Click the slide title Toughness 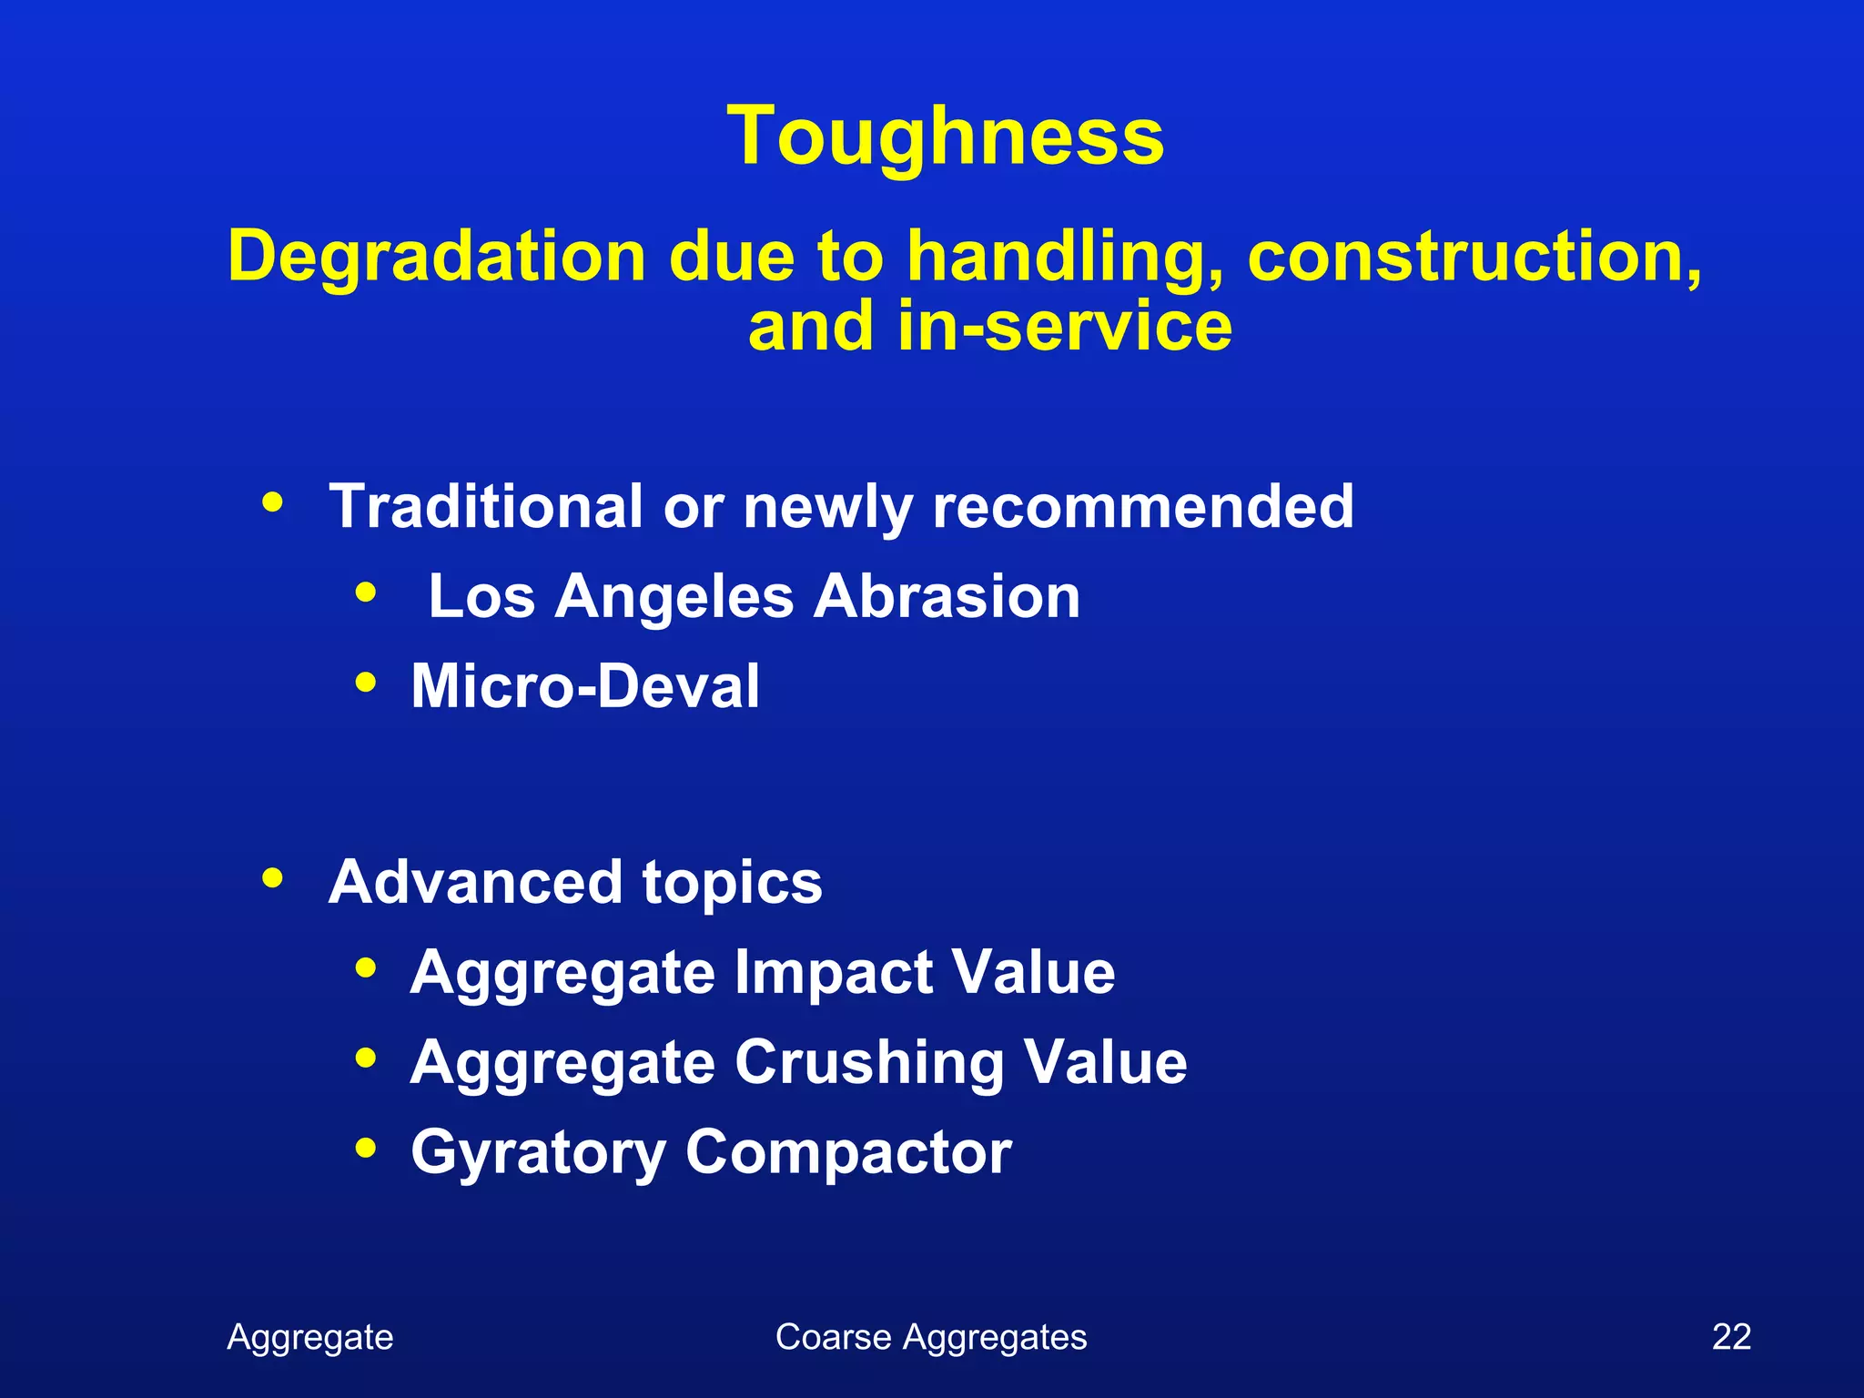point(945,137)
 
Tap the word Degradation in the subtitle point(436,257)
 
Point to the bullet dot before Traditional point(272,501)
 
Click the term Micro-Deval point(585,686)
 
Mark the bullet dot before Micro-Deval point(366,682)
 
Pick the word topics point(732,884)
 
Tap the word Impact point(832,973)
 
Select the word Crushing point(868,1063)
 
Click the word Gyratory point(538,1154)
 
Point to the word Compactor point(848,1153)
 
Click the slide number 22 point(1731,1337)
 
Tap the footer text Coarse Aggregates point(930,1337)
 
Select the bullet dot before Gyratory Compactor point(366,1148)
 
